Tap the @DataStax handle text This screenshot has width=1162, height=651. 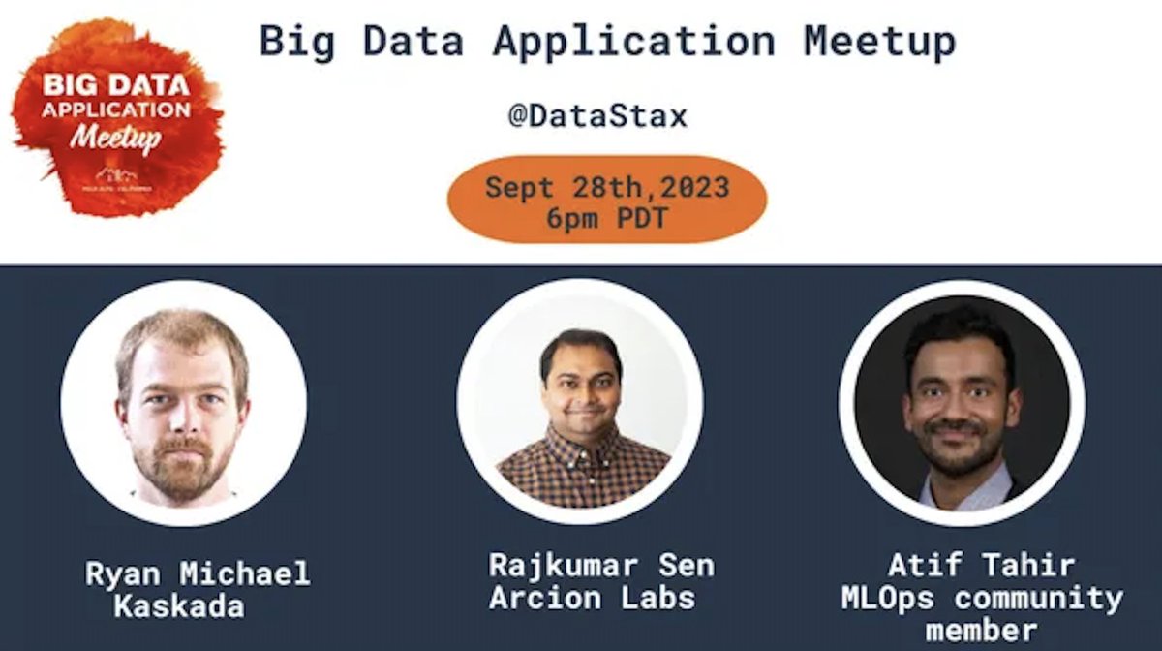coord(597,116)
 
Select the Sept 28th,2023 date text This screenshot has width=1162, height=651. coord(606,186)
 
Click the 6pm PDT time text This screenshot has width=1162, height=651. coord(606,218)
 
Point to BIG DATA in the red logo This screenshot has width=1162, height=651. coord(115,84)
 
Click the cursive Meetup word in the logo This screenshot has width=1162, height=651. coord(115,136)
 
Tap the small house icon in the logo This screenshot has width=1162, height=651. coord(116,174)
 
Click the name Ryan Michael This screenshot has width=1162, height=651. coord(198,573)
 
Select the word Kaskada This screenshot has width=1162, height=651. coord(179,607)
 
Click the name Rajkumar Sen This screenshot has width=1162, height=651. coord(600,565)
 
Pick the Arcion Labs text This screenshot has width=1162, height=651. coord(592,598)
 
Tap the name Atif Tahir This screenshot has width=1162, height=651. coord(981,565)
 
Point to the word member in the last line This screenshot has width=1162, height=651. coord(981,631)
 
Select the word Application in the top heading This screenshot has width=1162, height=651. coord(633,42)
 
